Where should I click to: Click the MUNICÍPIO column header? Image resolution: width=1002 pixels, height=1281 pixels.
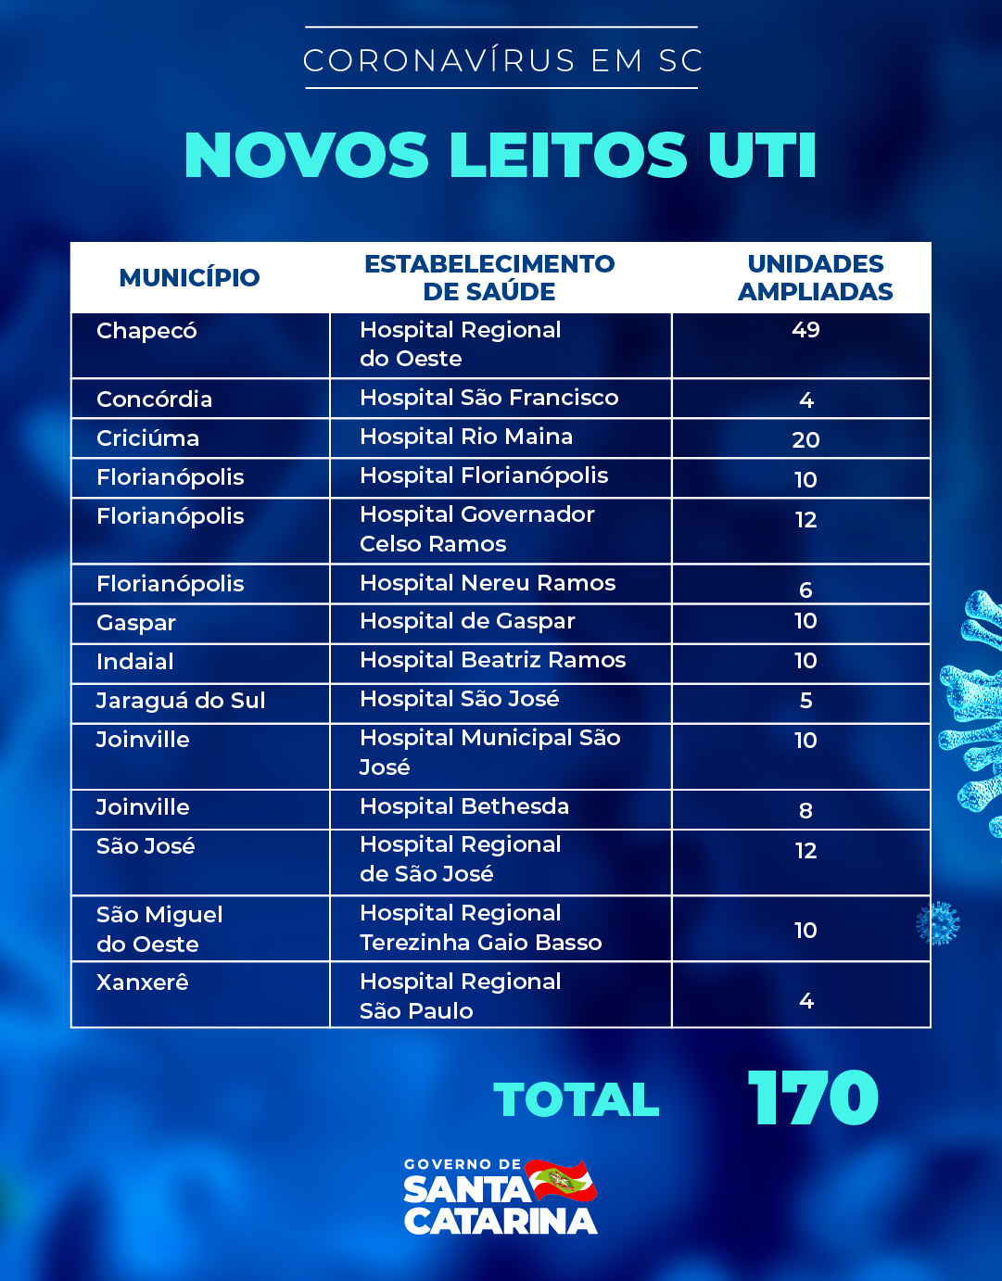point(189,277)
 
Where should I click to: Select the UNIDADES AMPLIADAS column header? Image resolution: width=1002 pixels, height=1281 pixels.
point(815,277)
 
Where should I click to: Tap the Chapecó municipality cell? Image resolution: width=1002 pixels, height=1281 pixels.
point(146,331)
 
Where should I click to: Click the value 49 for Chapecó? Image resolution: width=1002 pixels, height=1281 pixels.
point(805,330)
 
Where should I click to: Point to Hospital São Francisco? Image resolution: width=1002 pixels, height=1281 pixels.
point(488,398)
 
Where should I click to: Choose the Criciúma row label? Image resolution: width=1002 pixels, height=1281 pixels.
point(147,438)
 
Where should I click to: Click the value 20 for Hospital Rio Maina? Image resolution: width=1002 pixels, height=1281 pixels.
point(805,439)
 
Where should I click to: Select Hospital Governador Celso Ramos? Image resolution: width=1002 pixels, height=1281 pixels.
point(476,529)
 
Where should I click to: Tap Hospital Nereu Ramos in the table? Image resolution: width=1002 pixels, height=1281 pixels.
point(488,583)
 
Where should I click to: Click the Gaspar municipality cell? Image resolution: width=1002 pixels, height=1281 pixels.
point(136,623)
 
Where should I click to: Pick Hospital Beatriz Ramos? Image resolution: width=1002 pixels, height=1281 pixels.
point(492,660)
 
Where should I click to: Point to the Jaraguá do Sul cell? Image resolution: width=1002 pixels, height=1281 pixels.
point(181,701)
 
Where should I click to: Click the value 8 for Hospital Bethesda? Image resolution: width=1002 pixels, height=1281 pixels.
point(805,811)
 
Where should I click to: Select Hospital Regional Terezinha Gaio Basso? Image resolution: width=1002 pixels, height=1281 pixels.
point(480,928)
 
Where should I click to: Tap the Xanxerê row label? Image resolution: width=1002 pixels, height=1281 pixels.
point(143,983)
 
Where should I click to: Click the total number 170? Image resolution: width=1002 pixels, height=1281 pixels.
point(813,1099)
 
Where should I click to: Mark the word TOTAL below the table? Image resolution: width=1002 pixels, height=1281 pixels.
point(577,1100)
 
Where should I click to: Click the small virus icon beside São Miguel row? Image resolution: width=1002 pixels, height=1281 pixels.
point(938,923)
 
